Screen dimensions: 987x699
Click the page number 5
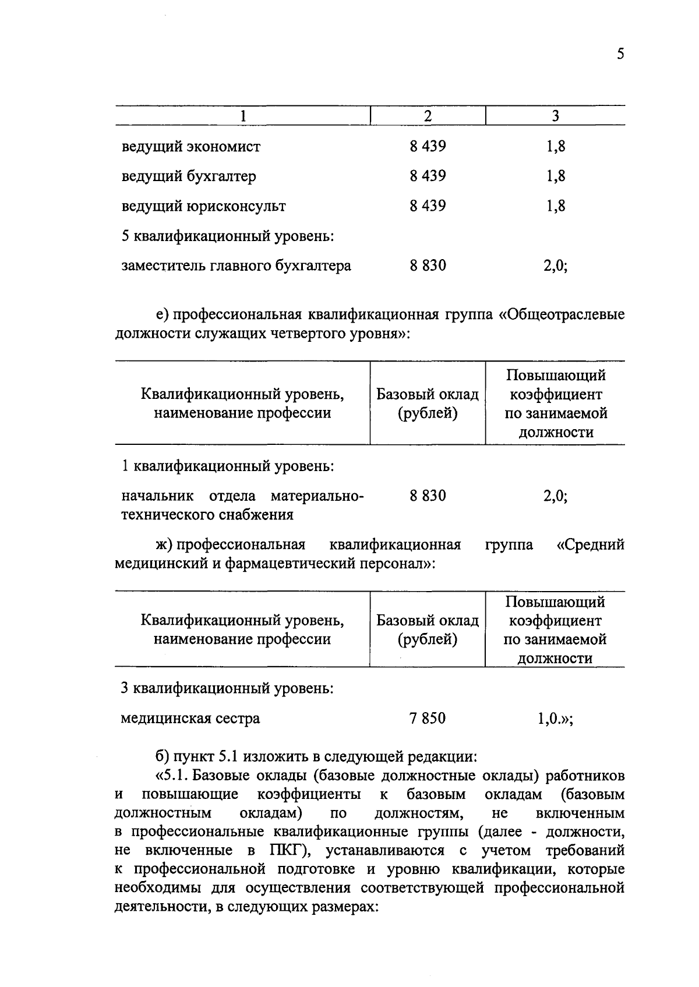pyautogui.click(x=620, y=55)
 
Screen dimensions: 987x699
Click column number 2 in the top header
pyautogui.click(x=428, y=116)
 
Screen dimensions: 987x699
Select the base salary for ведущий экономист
pyautogui.click(x=428, y=146)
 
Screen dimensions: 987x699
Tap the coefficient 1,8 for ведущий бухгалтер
pyautogui.click(x=555, y=176)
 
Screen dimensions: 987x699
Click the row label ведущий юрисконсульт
pyautogui.click(x=203, y=206)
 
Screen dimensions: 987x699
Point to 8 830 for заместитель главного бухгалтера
pyautogui.click(x=428, y=266)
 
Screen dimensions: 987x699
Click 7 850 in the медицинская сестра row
pyautogui.click(x=427, y=718)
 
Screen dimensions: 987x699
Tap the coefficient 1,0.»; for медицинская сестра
pyautogui.click(x=555, y=719)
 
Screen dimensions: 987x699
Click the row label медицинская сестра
pyautogui.click(x=190, y=719)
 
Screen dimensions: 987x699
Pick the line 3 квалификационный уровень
pyautogui.click(x=227, y=688)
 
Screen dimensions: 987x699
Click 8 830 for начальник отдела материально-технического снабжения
pyautogui.click(x=428, y=496)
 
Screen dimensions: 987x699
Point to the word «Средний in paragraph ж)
pyautogui.click(x=591, y=544)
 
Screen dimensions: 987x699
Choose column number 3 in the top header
pyautogui.click(x=555, y=116)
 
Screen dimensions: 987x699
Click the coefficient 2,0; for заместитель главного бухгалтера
pyautogui.click(x=555, y=266)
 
